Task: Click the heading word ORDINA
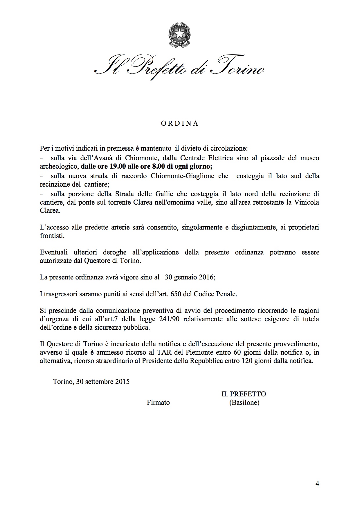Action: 180,123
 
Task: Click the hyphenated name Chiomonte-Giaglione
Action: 182,176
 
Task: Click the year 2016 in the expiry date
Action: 206,277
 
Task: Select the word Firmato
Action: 158,402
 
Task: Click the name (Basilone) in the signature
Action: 244,402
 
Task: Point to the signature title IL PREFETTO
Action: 244,394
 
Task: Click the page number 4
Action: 317,484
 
